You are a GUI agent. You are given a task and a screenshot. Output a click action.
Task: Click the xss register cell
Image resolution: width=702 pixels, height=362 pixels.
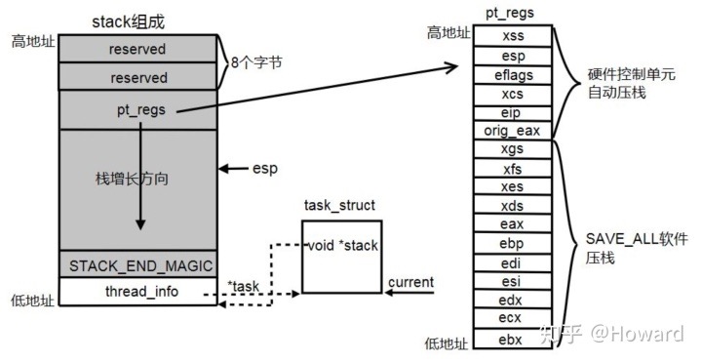tap(513, 36)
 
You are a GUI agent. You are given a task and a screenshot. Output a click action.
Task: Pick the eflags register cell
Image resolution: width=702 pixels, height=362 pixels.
tap(513, 74)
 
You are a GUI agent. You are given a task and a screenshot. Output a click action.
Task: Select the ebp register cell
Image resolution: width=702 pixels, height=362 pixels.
tap(513, 243)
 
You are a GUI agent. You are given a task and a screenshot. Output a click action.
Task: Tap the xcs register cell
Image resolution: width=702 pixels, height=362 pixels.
tap(513, 93)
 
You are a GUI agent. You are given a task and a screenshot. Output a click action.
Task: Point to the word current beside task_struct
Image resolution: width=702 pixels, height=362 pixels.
tap(410, 283)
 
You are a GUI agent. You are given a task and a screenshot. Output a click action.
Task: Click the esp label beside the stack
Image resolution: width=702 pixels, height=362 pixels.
tap(263, 169)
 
